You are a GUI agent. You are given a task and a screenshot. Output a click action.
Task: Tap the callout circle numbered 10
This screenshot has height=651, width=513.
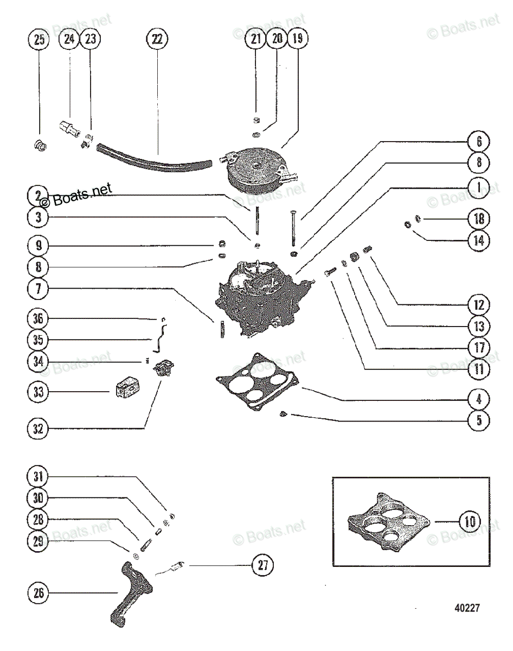tap(469, 522)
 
